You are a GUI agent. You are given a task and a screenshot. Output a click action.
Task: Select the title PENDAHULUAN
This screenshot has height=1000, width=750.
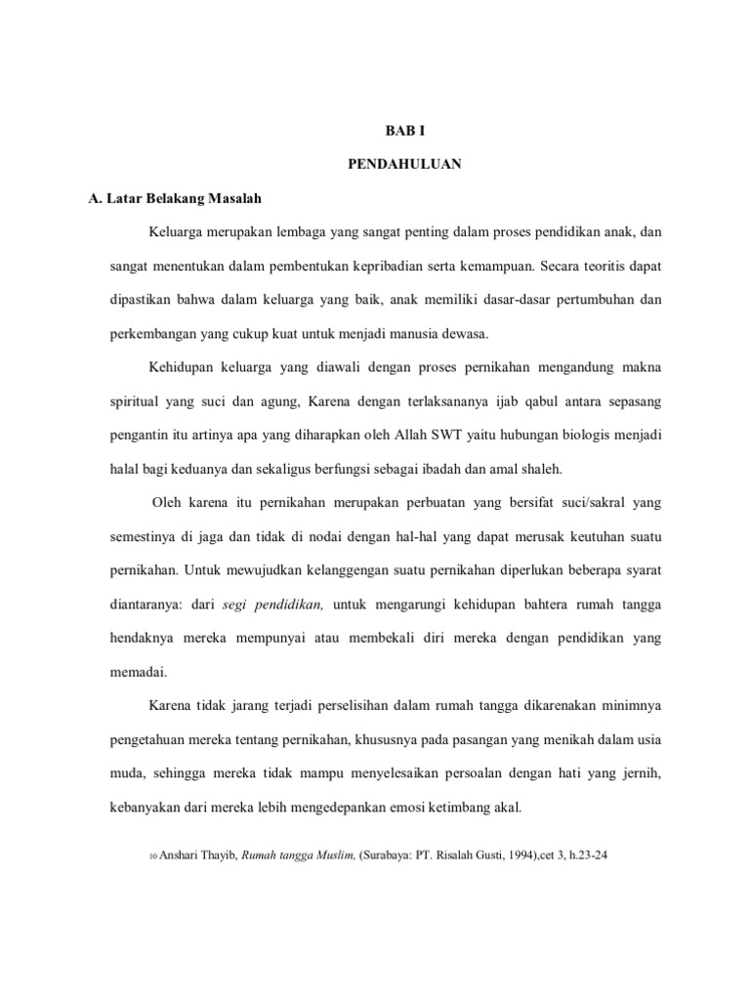pos(404,164)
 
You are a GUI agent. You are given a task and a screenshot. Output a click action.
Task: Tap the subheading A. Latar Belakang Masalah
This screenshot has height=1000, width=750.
pos(175,198)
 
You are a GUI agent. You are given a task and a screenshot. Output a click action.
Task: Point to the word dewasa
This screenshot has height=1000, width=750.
pos(463,332)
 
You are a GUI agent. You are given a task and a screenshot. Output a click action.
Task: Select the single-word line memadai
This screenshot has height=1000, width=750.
pos(138,672)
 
